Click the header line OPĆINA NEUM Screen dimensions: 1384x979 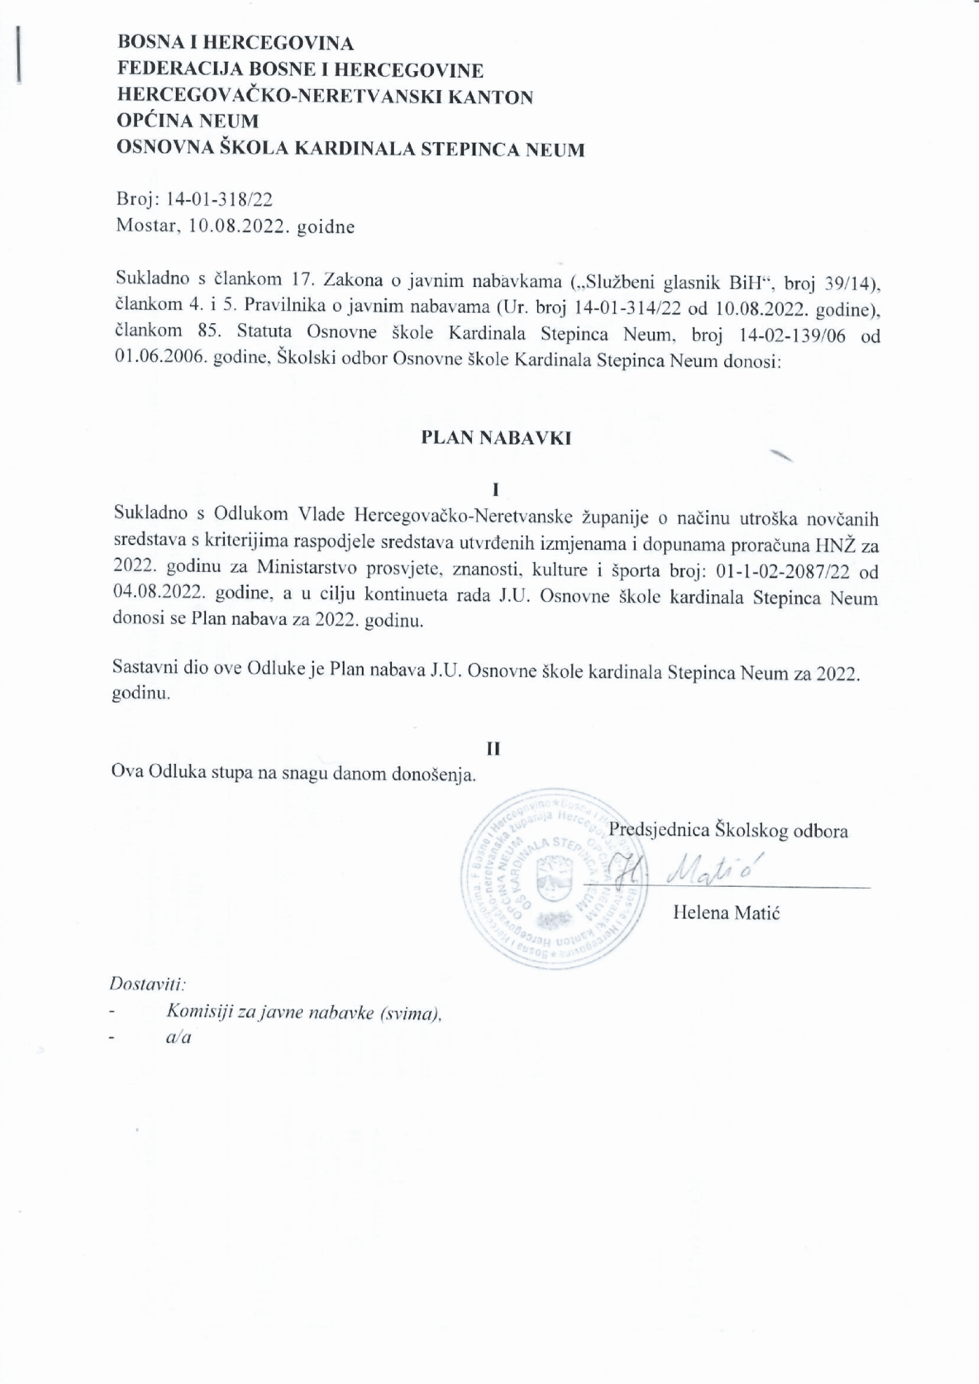point(187,121)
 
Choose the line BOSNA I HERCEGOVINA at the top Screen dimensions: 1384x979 point(235,43)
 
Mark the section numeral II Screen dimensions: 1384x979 point(494,749)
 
